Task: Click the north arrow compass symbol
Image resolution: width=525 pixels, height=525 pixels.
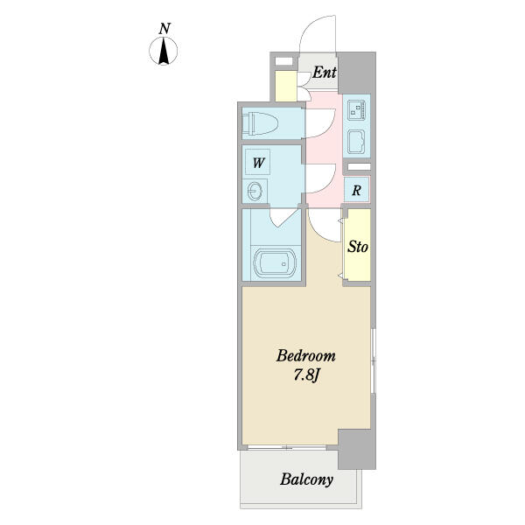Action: [x=163, y=51]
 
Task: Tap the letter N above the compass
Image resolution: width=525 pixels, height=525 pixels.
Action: [x=164, y=29]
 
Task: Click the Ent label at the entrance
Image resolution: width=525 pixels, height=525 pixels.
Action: [x=324, y=73]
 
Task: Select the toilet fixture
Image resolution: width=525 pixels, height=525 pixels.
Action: [x=261, y=123]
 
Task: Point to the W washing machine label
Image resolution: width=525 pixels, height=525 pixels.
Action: [x=258, y=163]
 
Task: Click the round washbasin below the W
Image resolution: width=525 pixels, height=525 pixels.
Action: [x=255, y=192]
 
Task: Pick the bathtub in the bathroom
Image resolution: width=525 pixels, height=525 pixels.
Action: [x=275, y=263]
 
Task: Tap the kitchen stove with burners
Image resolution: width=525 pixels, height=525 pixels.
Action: [x=356, y=110]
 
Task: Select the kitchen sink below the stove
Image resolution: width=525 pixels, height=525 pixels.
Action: [x=356, y=142]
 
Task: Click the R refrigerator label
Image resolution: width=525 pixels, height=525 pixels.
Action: [x=357, y=191]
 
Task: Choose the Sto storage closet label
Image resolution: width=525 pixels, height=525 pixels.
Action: [x=358, y=247]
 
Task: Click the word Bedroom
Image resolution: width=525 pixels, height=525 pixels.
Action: [x=305, y=355]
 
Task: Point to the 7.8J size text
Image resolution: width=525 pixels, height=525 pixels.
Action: [x=305, y=375]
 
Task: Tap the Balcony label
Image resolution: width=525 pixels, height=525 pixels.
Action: [x=307, y=479]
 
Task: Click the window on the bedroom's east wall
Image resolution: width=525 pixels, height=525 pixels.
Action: [x=374, y=360]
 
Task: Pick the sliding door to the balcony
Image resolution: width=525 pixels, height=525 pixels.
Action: [x=287, y=447]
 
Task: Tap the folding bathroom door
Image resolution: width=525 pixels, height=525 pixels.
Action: [x=283, y=218]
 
